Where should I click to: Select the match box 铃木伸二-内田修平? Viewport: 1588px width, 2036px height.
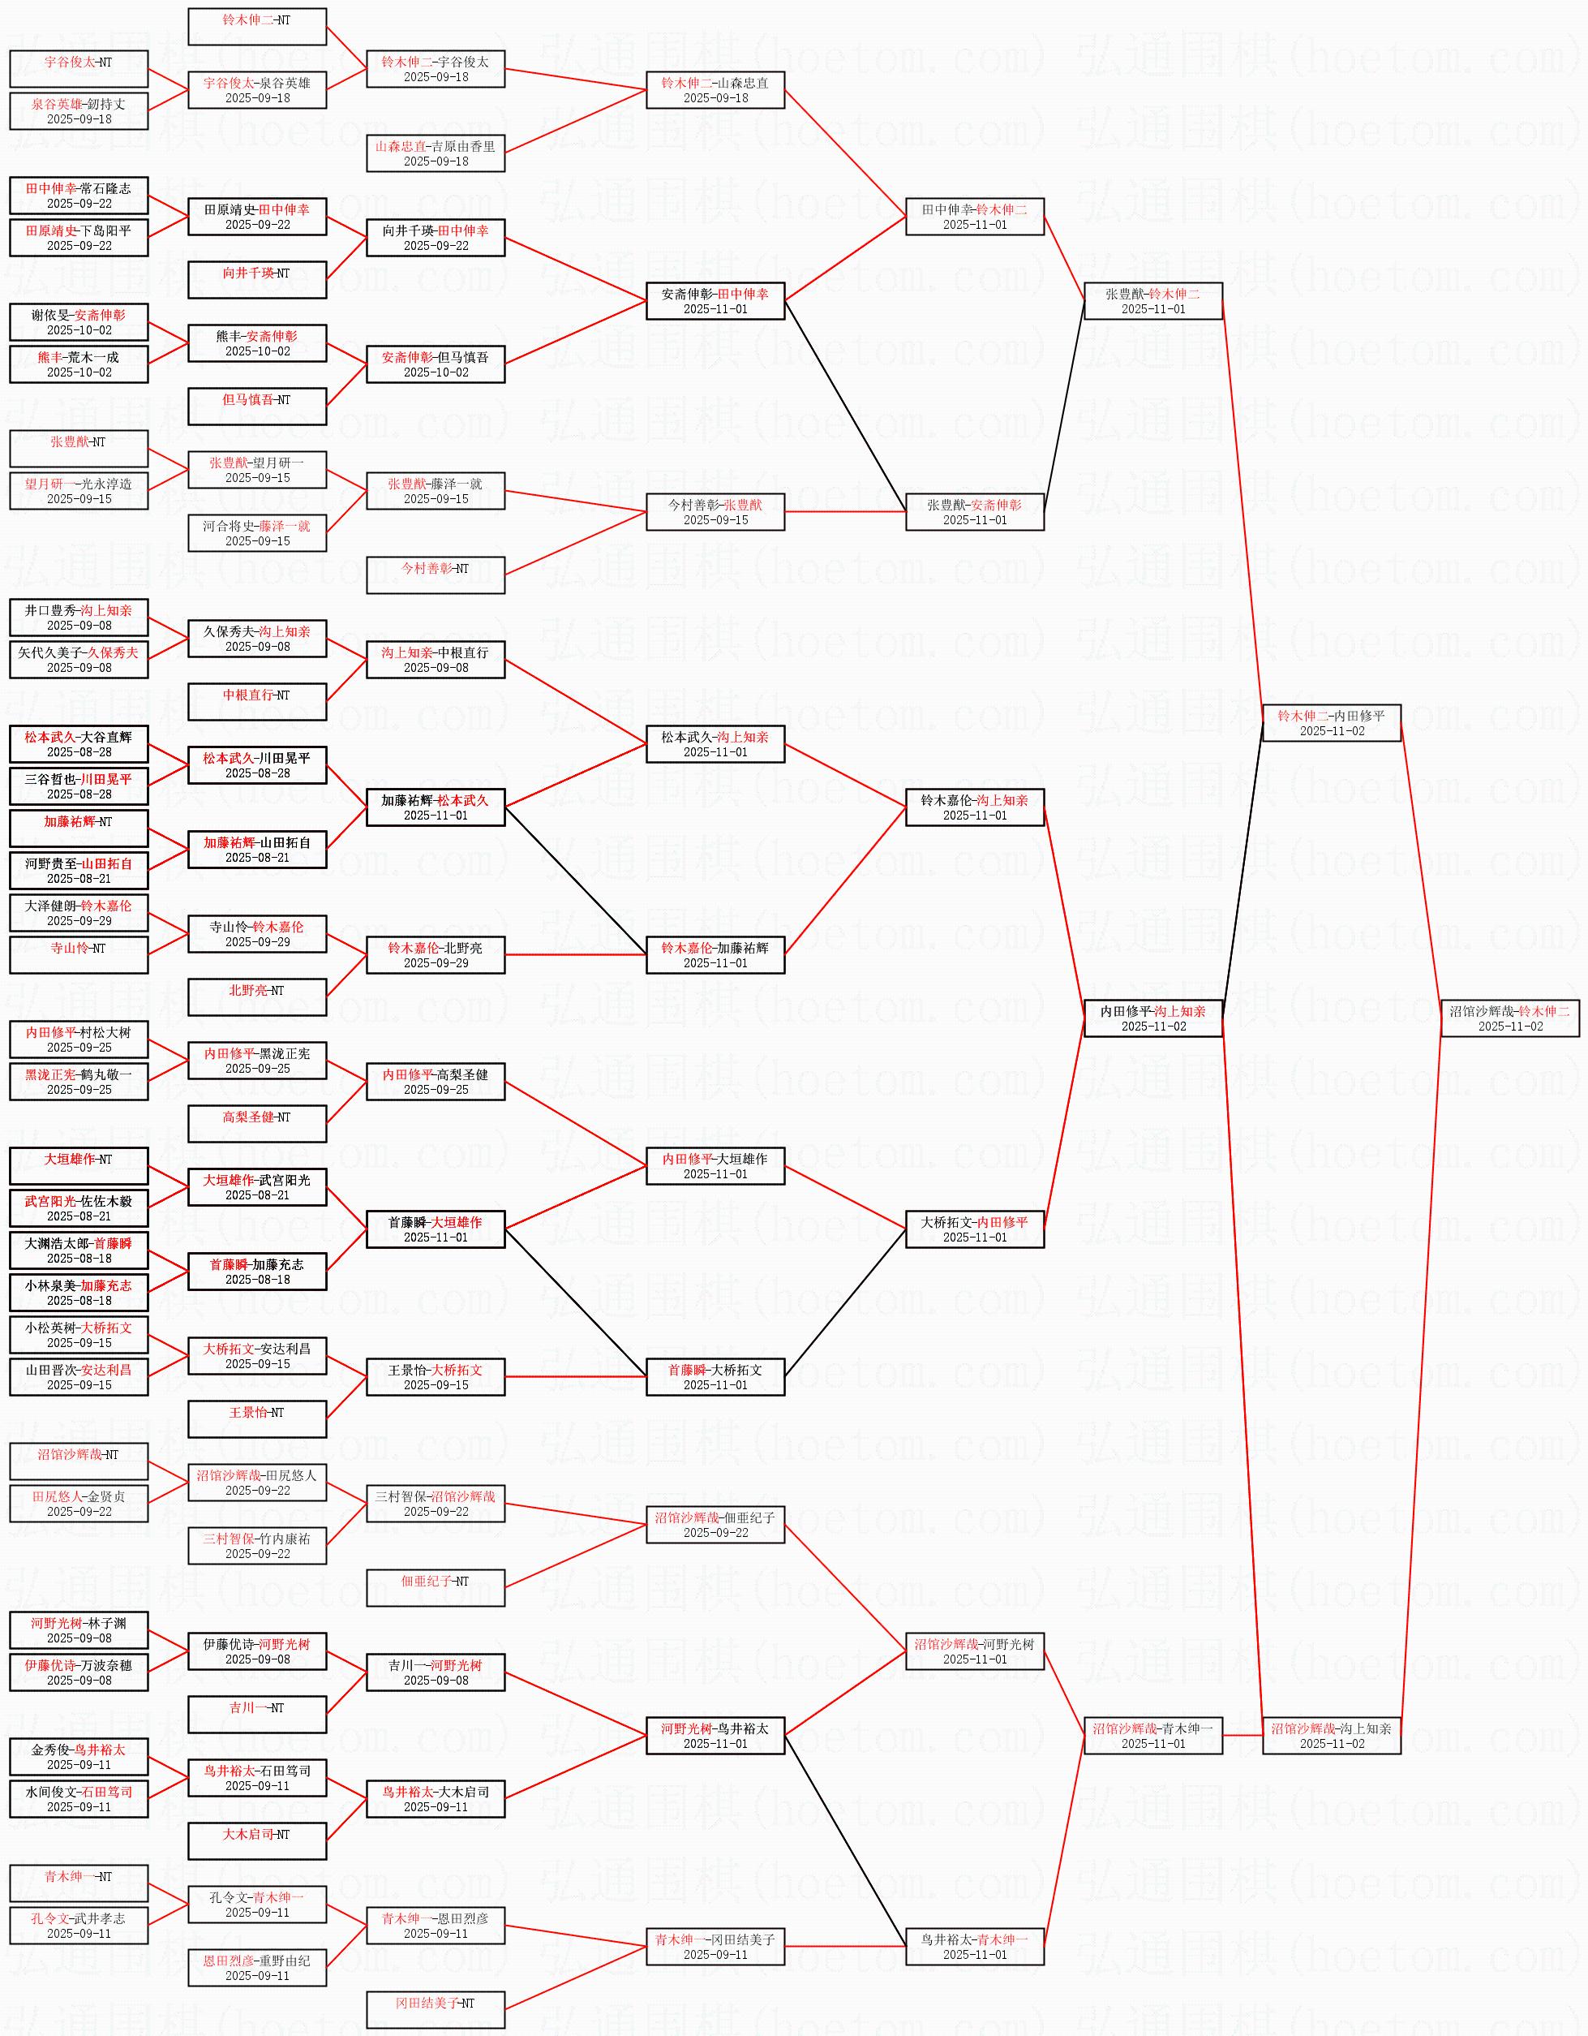[1332, 722]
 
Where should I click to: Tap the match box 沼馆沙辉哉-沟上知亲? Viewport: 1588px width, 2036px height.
[1332, 1736]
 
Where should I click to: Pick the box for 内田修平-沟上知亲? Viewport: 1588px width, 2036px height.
[1154, 1018]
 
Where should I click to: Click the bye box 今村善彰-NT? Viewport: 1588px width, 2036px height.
[436, 575]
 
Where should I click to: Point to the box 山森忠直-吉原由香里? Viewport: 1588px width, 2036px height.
[436, 153]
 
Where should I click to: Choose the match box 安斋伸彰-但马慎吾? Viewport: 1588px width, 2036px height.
[436, 364]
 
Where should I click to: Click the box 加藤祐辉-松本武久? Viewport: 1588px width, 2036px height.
[436, 807]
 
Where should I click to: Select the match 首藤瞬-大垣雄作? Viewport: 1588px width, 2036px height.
[436, 1229]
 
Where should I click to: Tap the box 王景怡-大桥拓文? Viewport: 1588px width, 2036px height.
[436, 1377]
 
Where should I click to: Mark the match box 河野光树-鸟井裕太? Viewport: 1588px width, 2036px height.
[715, 1736]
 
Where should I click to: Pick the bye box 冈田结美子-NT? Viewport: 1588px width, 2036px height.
[436, 2010]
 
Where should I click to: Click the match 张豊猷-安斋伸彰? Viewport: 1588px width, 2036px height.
[975, 512]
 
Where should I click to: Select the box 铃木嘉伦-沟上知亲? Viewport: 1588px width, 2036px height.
[975, 807]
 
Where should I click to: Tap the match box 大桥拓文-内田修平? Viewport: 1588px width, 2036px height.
[975, 1229]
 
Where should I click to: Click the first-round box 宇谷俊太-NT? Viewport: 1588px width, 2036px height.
[79, 69]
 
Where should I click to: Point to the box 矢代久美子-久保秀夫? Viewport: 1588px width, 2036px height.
[79, 660]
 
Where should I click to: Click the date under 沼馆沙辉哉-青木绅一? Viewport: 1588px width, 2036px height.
[1154, 1743]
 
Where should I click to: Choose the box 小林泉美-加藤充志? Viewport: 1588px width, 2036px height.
[79, 1293]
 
